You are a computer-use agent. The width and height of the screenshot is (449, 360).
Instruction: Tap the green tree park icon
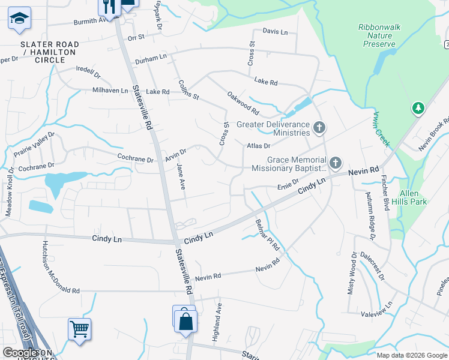pos(418,108)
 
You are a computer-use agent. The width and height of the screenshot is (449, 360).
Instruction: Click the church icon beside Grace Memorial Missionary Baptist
pos(335,163)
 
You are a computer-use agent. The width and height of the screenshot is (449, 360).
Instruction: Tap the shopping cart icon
pos(79,329)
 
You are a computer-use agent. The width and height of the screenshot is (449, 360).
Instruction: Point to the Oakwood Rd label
pos(243,103)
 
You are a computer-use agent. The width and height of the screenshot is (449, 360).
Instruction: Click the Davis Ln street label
pos(275,31)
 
